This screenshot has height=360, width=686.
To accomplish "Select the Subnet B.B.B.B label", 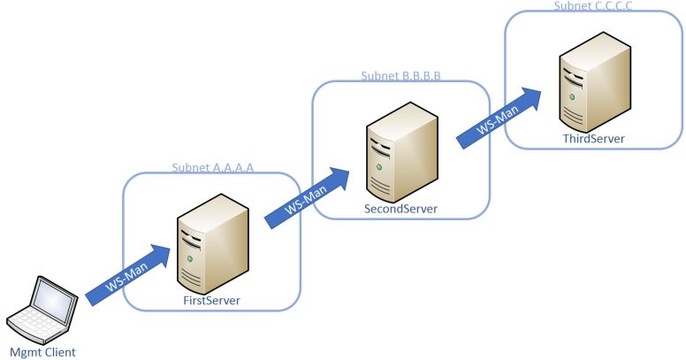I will (x=400, y=77).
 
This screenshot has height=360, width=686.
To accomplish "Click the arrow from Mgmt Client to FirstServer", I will (x=127, y=275).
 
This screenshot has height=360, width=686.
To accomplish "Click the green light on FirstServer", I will (x=187, y=258).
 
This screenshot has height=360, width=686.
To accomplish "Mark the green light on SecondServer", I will (x=379, y=165).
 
